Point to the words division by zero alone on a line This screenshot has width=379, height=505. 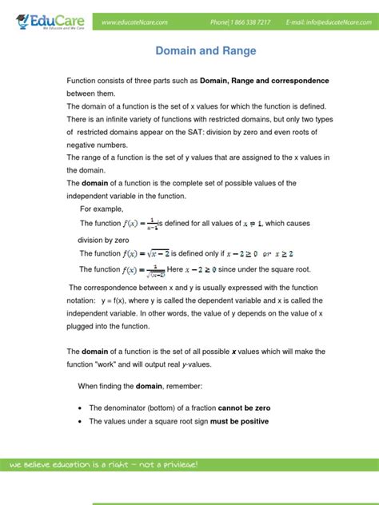click(103, 239)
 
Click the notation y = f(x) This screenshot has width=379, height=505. click(114, 300)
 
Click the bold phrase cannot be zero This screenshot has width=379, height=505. click(237, 408)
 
